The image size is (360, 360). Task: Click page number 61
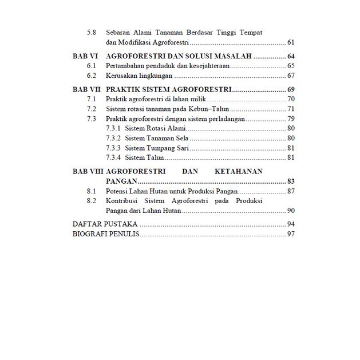290,42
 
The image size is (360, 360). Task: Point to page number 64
290,57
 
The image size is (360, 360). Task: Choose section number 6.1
90,66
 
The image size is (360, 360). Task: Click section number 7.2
90,109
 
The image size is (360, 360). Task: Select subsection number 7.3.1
113,128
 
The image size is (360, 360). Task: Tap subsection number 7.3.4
113,157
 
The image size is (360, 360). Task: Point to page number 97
290,234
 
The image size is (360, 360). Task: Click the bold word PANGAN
121,181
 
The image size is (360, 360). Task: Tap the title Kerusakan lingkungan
139,76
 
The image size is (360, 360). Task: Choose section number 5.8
90,33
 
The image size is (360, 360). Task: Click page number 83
290,181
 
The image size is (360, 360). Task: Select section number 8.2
90,201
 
